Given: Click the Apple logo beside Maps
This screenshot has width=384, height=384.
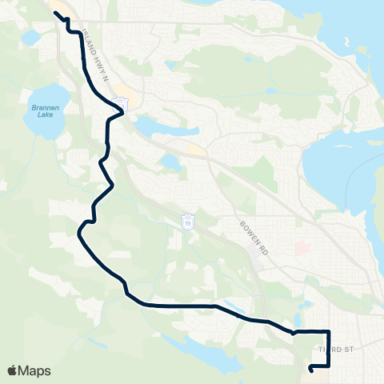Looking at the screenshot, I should click(x=13, y=370).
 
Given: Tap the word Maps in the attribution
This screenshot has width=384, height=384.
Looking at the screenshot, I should click(x=34, y=370).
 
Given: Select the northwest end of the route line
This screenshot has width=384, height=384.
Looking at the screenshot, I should click(x=56, y=14).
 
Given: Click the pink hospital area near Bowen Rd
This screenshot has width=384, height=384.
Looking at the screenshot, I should click(x=302, y=249).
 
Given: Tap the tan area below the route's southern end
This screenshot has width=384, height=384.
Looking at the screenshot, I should click(x=317, y=374).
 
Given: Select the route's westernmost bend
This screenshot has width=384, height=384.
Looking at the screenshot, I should click(x=78, y=232).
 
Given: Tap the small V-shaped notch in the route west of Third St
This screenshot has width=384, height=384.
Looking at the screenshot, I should click(x=294, y=331).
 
